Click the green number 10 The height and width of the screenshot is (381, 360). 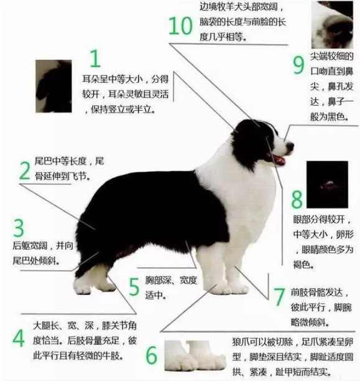[x=181, y=26]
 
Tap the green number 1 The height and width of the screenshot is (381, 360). [x=95, y=59]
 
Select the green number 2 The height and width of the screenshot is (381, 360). [x=25, y=171]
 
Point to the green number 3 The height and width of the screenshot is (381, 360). [x=19, y=228]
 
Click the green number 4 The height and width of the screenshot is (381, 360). [x=19, y=338]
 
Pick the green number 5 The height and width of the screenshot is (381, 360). [x=134, y=287]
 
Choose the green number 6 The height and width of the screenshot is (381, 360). [x=152, y=355]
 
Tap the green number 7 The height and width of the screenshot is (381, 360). [x=279, y=297]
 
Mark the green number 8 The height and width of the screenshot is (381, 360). [x=297, y=199]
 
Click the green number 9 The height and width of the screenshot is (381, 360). [x=298, y=65]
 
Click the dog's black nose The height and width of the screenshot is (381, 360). [x=290, y=146]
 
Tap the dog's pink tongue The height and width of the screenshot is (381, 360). [x=279, y=161]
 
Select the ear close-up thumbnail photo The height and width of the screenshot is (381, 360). [x=53, y=87]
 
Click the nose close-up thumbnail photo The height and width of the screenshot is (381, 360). [x=332, y=25]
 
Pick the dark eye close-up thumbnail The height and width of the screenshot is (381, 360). [x=327, y=184]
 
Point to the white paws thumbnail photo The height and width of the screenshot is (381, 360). [x=195, y=355]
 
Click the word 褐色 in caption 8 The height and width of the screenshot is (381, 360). [x=303, y=265]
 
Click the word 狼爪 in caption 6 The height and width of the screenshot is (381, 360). [x=241, y=342]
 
